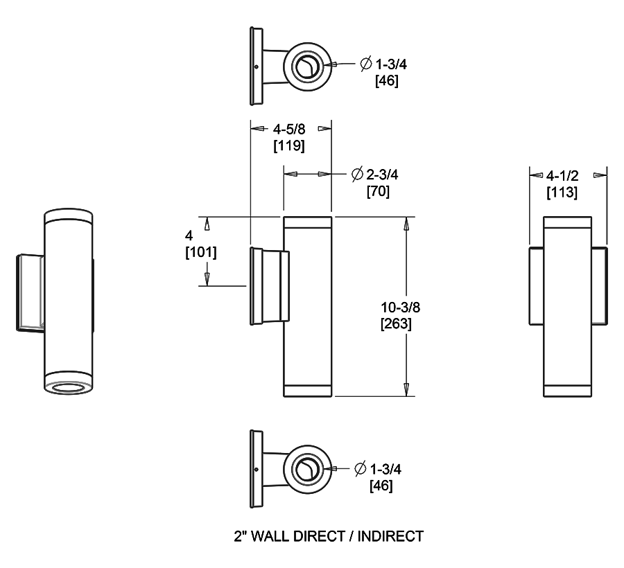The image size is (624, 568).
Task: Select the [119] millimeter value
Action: [291, 146]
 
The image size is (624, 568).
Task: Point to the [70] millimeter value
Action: [378, 191]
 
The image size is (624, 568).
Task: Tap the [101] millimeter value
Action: [201, 253]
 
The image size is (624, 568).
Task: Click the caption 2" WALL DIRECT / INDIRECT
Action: [328, 535]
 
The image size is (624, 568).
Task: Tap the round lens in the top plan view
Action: [305, 67]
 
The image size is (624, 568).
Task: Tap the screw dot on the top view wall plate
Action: [257, 66]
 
